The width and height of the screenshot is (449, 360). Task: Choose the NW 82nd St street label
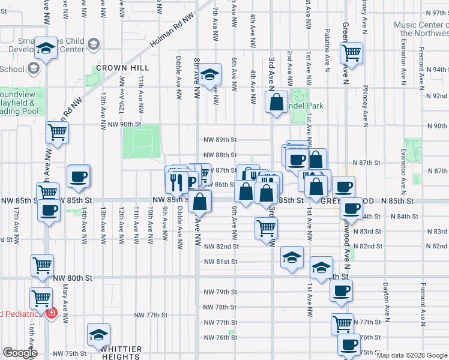[x=221, y=246]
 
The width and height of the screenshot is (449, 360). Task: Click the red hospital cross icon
[x=52, y=313]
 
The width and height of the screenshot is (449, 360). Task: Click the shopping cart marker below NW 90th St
[x=58, y=132]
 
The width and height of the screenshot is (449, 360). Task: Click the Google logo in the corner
[x=20, y=353]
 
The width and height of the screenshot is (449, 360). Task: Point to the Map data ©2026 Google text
[x=412, y=355]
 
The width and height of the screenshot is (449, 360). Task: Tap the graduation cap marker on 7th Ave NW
[x=209, y=74]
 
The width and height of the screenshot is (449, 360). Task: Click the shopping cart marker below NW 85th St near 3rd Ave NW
[x=266, y=227]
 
